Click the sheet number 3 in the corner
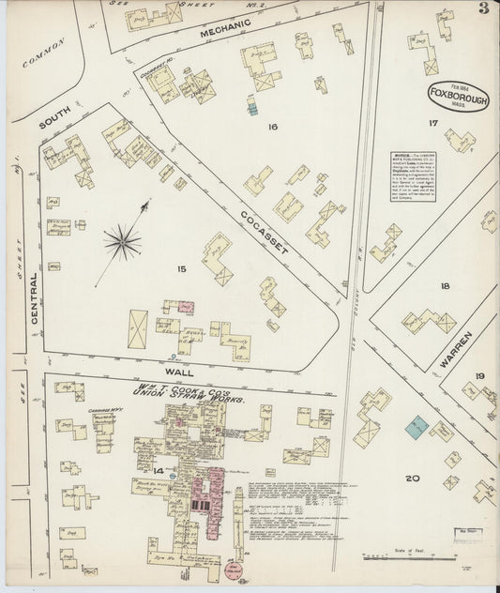coord(481,11)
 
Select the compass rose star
coord(123,243)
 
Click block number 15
coord(182,270)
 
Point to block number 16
coord(273,126)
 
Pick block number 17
coord(433,123)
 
